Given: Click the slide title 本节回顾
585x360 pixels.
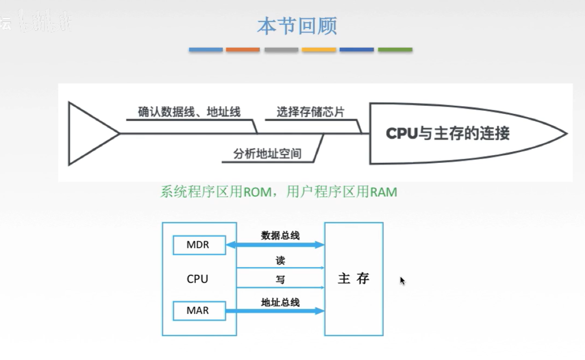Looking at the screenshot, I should coord(297,26).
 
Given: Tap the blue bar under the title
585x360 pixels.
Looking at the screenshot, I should coord(206,49).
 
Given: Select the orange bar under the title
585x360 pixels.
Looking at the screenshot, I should coord(243,49).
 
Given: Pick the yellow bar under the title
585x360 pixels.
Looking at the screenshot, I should coord(319,49).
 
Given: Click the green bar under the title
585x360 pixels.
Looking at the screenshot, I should coord(395,49).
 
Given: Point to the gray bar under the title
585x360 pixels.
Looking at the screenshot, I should coord(281,49).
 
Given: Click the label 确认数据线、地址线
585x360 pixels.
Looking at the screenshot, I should coord(189,112).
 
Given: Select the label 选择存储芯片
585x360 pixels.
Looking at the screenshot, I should coord(310,112).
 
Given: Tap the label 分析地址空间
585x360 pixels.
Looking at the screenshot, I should coord(267,154).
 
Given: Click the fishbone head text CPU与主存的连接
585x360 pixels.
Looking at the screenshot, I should coord(448,133).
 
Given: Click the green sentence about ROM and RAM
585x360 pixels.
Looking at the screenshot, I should coord(278,192).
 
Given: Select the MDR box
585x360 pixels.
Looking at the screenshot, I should coord(199,245).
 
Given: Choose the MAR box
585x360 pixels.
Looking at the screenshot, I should coord(199,311).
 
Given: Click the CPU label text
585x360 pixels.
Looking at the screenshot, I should coord(197,279).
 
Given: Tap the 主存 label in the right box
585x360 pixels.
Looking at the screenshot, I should coord(353,278).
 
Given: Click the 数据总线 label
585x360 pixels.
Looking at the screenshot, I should coord(280,236).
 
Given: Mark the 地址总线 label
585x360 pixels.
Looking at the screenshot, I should coord(280,302).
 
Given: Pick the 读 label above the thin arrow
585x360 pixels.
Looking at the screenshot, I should coord(280,261).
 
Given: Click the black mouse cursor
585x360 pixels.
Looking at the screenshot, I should coord(402,281).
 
